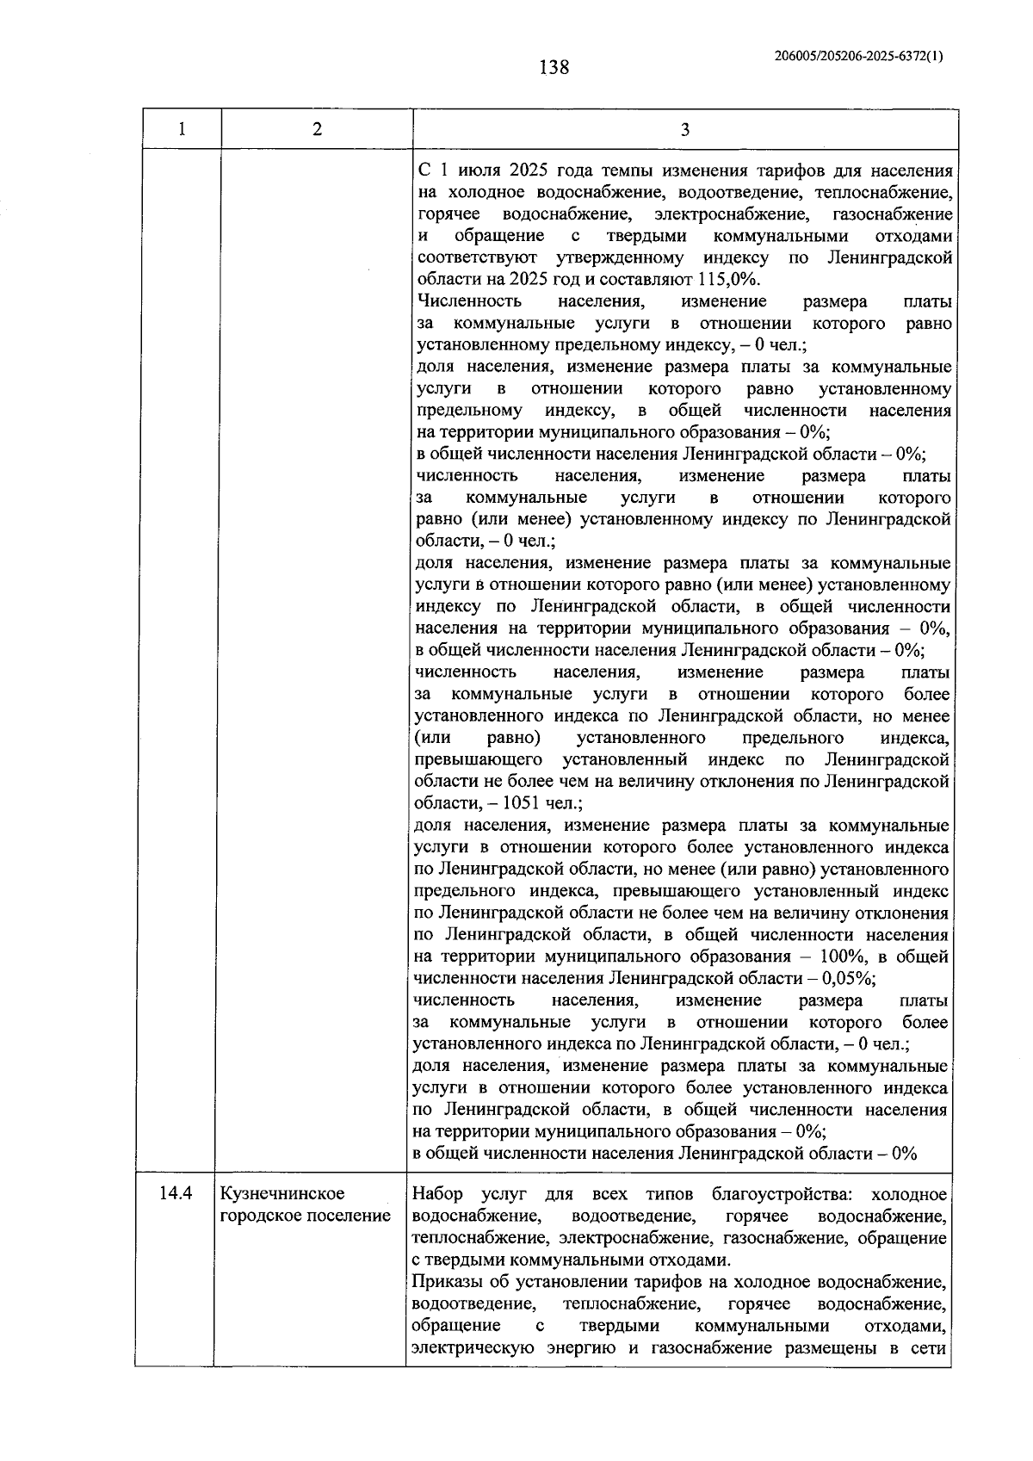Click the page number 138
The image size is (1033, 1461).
point(554,67)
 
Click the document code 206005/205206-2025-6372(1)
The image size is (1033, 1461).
point(858,56)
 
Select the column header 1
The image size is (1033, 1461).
point(181,129)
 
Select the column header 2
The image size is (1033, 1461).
point(317,129)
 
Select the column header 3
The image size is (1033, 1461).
point(684,130)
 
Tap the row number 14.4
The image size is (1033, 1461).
point(176,1194)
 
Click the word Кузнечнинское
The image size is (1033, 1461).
point(283,1194)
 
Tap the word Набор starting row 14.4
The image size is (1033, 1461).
point(437,1194)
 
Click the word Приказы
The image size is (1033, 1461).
point(444,1283)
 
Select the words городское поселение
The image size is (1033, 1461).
point(306,1216)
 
